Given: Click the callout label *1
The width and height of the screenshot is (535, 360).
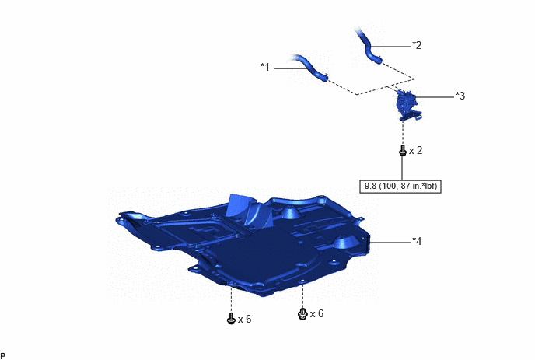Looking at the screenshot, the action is click(265, 67).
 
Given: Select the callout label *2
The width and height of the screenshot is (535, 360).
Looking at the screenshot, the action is click(417, 45).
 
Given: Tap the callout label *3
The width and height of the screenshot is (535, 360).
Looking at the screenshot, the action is click(460, 96).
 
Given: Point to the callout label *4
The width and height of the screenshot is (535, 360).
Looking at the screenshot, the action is click(417, 241).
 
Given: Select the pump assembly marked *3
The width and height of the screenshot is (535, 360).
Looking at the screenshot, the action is click(409, 105).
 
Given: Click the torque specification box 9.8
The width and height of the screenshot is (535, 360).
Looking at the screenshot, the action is click(400, 187).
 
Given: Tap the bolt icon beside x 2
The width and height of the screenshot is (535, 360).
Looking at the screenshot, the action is click(403, 151).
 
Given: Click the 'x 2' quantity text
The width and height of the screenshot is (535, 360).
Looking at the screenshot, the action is click(415, 151).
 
